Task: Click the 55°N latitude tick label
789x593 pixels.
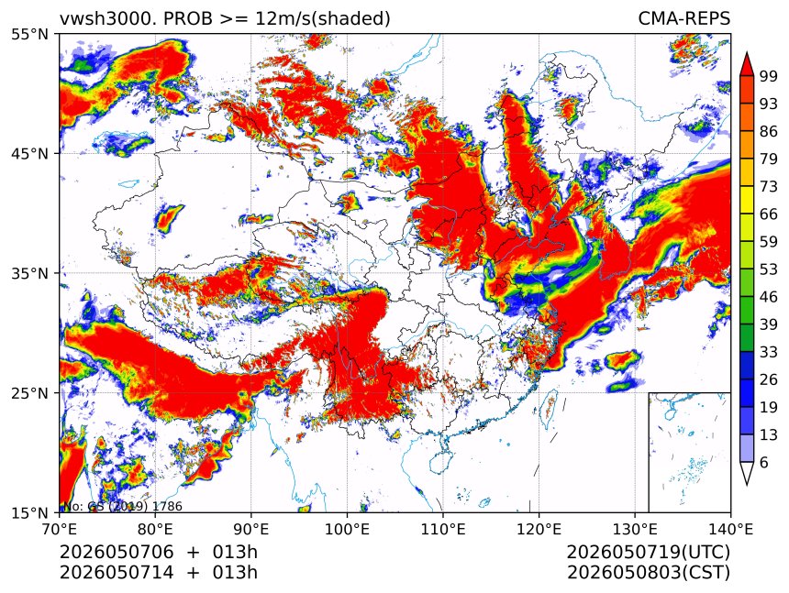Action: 29,34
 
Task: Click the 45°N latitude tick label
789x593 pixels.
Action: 29,153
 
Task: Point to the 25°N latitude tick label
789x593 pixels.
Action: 29,392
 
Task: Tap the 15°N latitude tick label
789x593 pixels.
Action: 29,512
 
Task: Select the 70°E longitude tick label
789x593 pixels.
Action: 60,529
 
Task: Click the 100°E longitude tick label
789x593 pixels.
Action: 347,529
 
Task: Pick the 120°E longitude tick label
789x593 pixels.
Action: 539,529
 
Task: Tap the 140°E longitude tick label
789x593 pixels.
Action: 730,529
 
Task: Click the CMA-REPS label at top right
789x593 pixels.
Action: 683,18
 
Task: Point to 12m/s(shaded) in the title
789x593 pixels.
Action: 322,19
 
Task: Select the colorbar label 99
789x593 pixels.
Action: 769,76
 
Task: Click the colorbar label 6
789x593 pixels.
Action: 764,462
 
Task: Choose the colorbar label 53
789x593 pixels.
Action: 769,269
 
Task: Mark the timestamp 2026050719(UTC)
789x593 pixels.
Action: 648,553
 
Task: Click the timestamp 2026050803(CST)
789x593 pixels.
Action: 648,573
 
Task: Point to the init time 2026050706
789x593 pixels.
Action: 117,553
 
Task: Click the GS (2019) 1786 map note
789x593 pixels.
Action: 135,507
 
